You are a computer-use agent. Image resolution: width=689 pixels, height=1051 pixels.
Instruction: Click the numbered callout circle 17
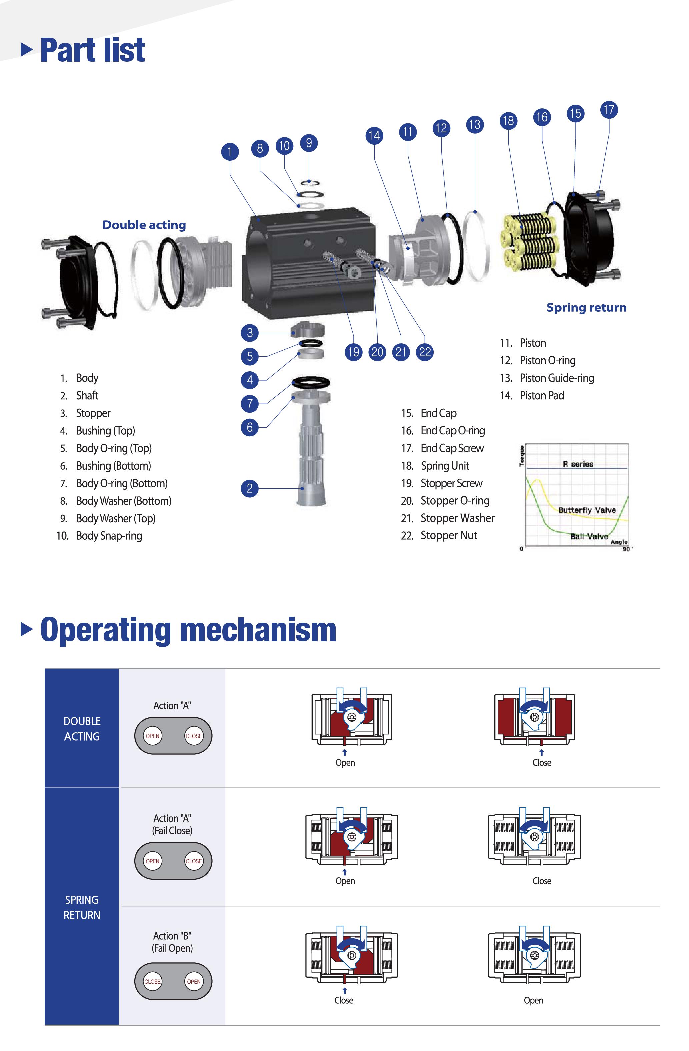click(609, 110)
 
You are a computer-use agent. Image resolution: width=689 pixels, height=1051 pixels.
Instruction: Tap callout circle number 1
click(230, 152)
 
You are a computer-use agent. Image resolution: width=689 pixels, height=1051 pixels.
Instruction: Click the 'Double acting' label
click(144, 225)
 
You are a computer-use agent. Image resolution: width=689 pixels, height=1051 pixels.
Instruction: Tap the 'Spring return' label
click(586, 307)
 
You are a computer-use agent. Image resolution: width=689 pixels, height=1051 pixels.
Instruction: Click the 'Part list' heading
click(92, 50)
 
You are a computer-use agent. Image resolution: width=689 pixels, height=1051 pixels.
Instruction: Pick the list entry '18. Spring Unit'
click(435, 466)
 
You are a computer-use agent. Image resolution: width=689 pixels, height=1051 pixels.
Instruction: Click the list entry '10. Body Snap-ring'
click(99, 535)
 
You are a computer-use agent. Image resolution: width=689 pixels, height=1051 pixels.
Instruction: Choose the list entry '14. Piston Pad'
click(532, 395)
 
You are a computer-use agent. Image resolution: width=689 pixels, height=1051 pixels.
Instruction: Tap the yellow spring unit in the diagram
click(530, 241)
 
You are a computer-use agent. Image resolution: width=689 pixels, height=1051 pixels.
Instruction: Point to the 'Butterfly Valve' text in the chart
click(587, 510)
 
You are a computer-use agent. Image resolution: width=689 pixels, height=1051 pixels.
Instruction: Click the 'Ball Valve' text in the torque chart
click(589, 536)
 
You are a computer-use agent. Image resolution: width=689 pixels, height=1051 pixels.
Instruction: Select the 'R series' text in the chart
click(578, 464)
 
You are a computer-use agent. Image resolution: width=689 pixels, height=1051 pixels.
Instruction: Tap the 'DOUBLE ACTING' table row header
click(82, 729)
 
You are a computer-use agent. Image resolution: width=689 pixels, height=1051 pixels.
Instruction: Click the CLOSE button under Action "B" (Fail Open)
click(152, 982)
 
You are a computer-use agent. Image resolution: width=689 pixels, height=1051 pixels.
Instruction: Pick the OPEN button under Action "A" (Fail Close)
click(152, 861)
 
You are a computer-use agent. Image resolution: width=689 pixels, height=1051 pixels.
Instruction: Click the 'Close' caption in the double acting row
click(541, 763)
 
